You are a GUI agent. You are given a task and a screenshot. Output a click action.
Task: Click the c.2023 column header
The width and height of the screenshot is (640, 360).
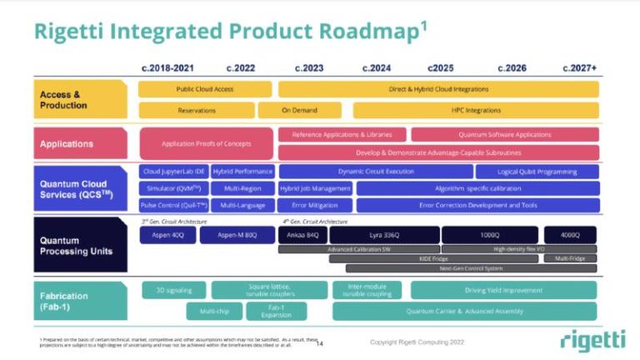pos(309,67)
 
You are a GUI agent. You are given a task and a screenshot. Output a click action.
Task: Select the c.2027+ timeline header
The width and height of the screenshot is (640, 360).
pos(579,67)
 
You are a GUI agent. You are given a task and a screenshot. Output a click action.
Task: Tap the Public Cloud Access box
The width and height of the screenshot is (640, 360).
pos(205,89)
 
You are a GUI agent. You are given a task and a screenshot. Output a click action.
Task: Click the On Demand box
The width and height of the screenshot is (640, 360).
pos(299,110)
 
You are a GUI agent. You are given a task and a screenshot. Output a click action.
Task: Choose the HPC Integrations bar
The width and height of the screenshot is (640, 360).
pos(476,110)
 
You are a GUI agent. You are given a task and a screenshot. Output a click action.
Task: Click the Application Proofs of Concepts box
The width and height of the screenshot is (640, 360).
pos(206,143)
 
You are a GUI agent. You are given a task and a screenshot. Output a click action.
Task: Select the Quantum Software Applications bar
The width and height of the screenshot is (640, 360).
pos(504,134)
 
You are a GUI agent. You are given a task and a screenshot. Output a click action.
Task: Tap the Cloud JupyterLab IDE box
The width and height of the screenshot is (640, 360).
pos(173,172)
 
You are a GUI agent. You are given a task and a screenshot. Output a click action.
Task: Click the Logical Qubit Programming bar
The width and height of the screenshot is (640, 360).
pos(537,172)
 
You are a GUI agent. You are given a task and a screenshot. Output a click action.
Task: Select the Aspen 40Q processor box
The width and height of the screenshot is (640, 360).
pos(167,236)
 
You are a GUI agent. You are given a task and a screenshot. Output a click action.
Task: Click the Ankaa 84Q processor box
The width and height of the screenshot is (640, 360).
pos(301,236)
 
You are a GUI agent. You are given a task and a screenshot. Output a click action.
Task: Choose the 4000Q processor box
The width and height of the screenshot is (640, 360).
pos(570,236)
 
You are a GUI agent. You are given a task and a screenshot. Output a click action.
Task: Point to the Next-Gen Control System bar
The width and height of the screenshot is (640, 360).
pos(471,268)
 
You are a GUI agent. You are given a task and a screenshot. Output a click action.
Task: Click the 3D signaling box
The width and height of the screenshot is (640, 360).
pos(174,290)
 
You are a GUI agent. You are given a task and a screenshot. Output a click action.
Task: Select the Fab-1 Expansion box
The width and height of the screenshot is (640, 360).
pos(276,311)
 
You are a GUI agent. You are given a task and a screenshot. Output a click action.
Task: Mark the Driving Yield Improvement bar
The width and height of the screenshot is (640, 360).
pos(503,290)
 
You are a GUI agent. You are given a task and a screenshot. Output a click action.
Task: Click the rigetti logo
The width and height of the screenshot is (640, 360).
pos(592,340)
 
